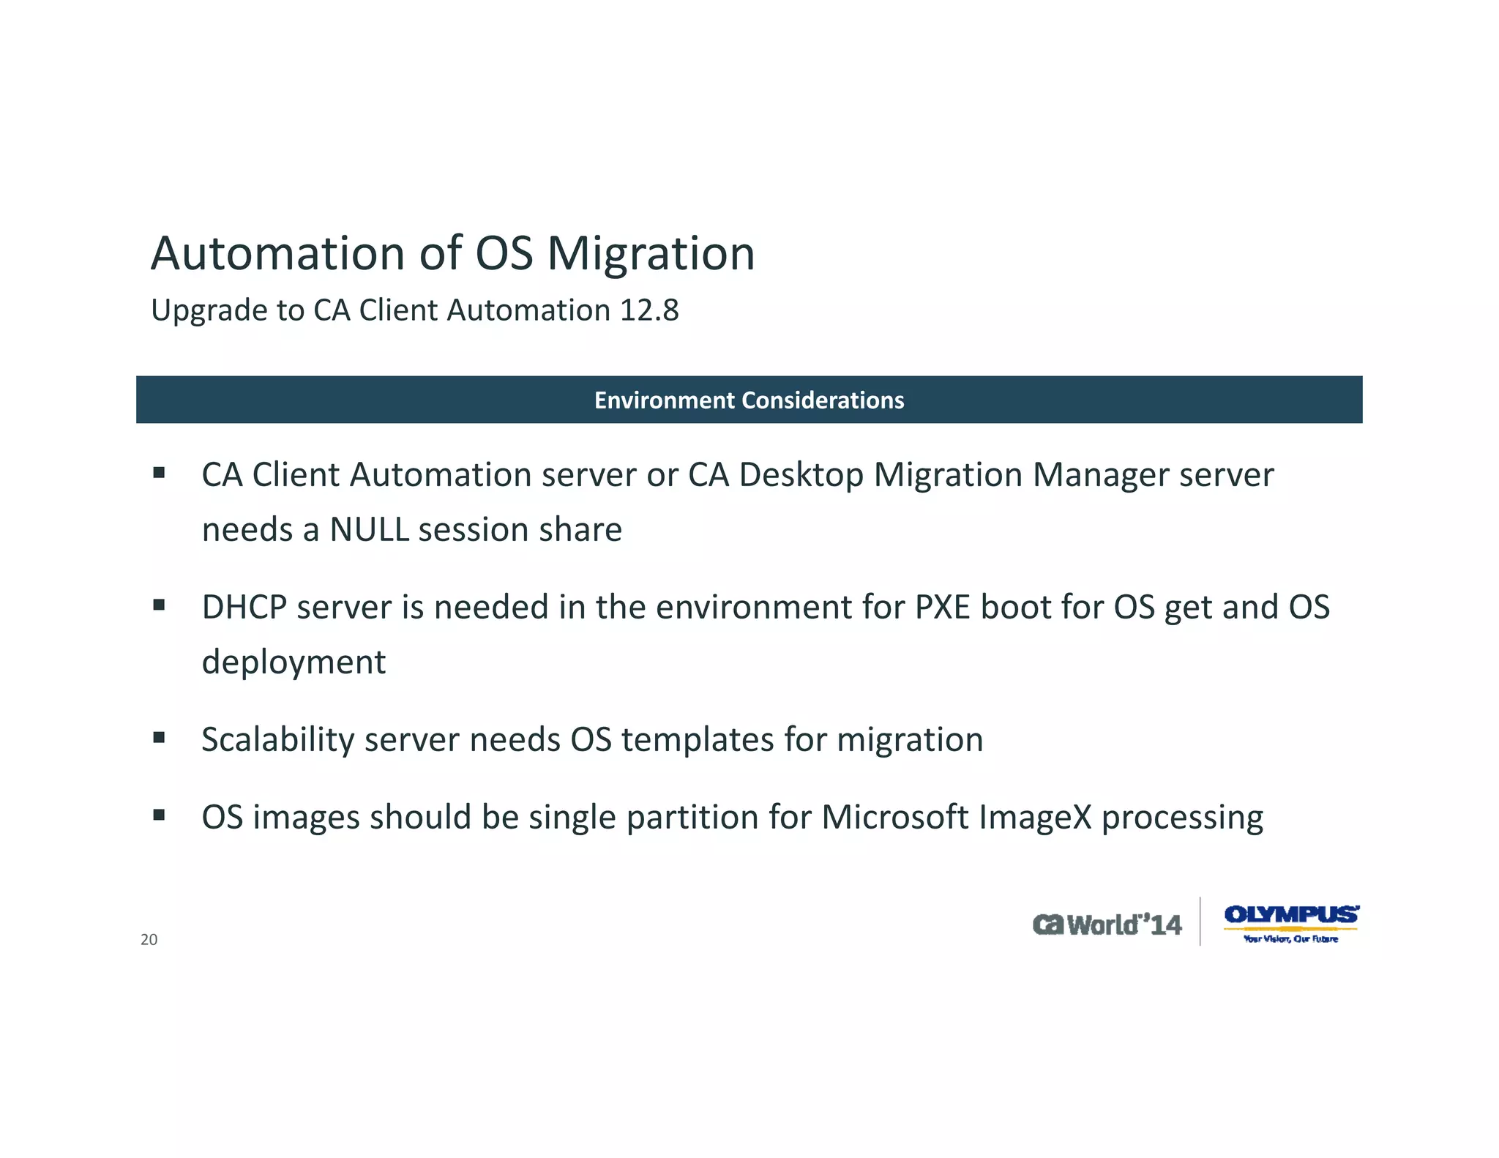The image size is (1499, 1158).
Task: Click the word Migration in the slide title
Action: point(651,255)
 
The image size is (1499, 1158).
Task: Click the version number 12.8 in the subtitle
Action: point(649,310)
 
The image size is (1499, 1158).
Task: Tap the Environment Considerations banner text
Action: point(749,400)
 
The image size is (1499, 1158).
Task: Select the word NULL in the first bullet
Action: point(369,530)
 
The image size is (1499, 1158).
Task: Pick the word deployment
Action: point(294,663)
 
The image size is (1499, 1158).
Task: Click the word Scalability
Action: point(278,740)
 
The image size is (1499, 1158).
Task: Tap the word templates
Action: point(698,740)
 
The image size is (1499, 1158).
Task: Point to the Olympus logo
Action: point(1291,922)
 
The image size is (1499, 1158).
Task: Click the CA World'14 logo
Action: point(1107,925)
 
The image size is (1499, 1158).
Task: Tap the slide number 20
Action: point(149,940)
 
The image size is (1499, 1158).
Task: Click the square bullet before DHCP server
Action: point(159,605)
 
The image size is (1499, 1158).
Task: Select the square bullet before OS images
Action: point(159,814)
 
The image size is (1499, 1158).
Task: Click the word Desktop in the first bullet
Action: point(801,476)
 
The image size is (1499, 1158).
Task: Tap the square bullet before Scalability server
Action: point(159,737)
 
